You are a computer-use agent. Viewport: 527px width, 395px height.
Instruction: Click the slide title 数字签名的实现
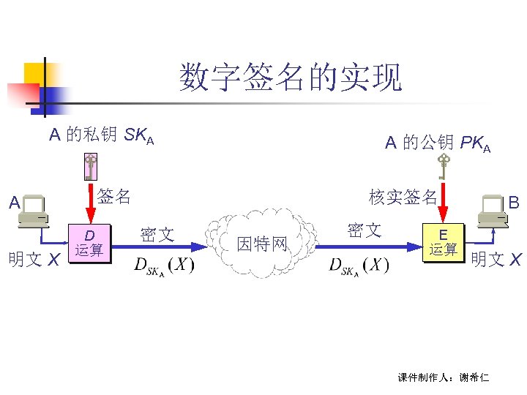point(291,78)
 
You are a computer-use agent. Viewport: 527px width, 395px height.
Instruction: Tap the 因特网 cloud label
point(262,244)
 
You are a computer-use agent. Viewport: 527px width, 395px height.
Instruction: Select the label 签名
point(114,196)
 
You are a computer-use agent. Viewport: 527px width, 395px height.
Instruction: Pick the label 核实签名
point(403,197)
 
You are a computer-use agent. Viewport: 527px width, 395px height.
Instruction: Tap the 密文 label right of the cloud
point(364,231)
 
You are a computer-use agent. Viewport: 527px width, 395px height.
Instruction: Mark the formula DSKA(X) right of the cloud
point(359,265)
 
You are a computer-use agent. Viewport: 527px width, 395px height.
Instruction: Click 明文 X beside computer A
point(33,259)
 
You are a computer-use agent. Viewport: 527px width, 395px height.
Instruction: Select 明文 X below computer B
point(496,259)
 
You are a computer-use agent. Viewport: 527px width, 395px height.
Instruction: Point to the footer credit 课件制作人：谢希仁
point(443,377)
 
